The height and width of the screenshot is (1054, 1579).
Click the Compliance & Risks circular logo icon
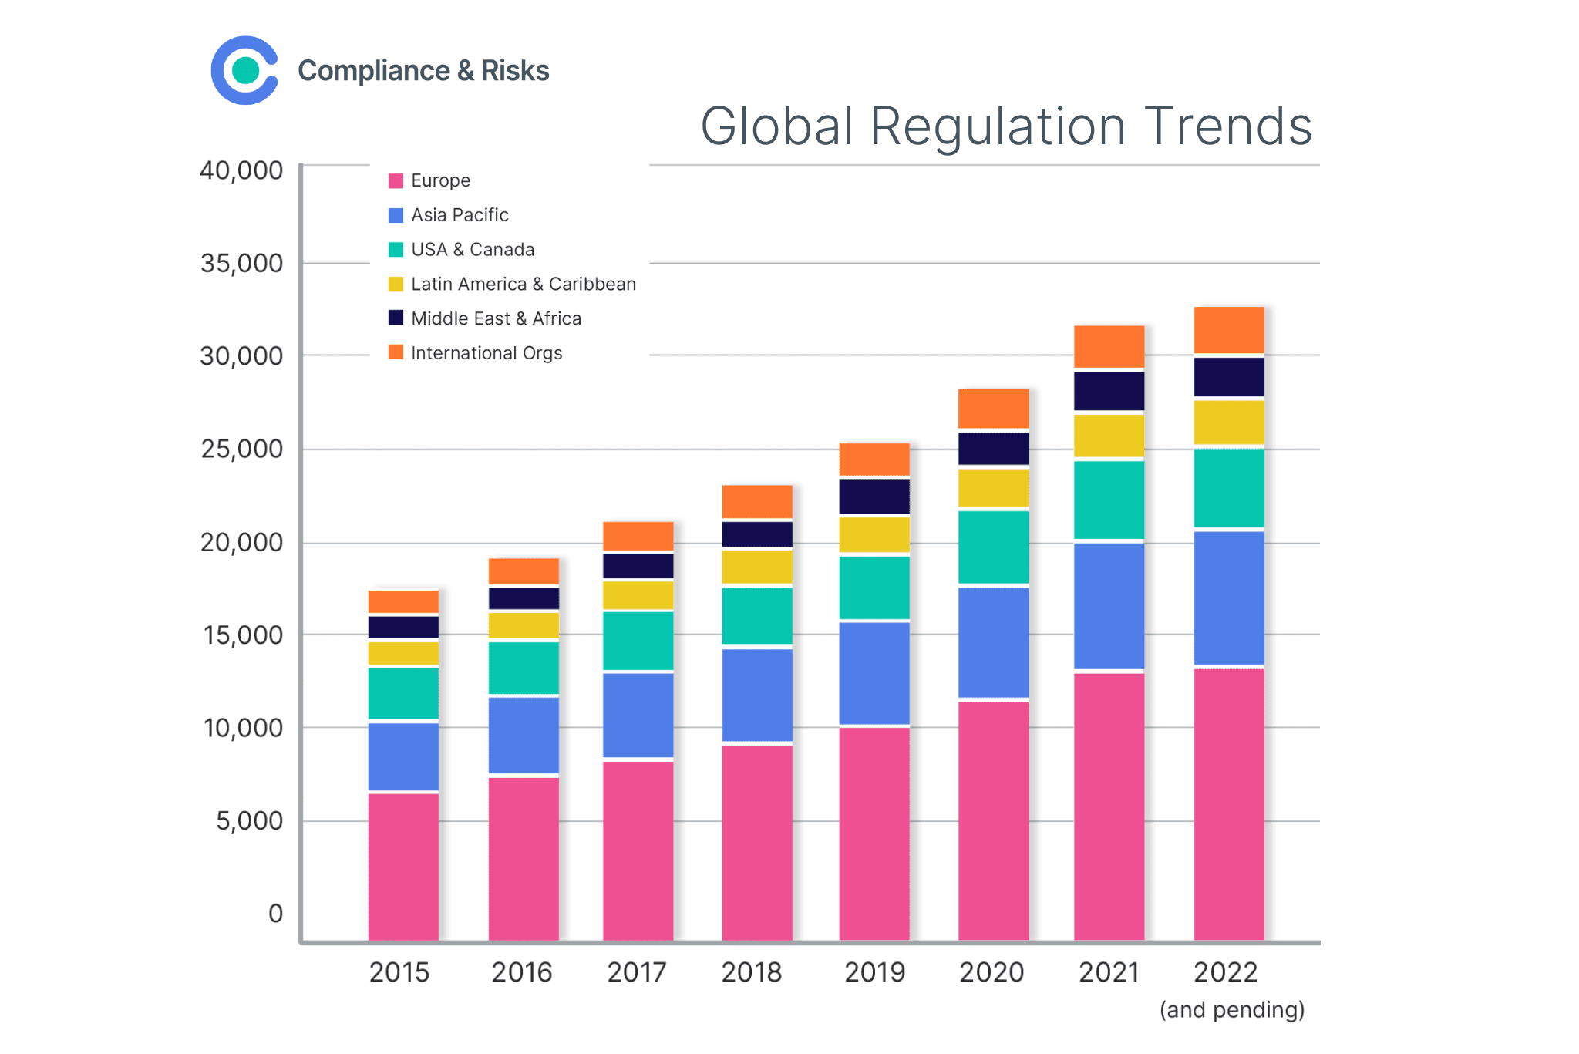pos(244,70)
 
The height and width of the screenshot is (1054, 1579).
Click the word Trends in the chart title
pos(1228,126)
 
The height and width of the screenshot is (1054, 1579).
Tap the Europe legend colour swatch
pos(396,181)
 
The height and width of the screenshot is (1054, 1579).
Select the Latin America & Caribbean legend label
pos(523,285)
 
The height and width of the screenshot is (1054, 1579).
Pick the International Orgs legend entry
pos(486,353)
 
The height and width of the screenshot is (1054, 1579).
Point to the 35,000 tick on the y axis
pos(241,264)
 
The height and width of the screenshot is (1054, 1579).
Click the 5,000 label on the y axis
pos(249,821)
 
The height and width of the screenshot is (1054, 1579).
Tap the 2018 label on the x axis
pos(752,972)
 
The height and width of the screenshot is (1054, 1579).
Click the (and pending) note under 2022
pos(1231,1010)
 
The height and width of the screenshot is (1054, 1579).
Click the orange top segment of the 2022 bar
pos(1228,330)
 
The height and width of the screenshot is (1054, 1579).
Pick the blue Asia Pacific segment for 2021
pos(1109,606)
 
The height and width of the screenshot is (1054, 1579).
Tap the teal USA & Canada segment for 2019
pos(874,588)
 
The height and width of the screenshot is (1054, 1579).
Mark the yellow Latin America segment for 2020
pos(993,487)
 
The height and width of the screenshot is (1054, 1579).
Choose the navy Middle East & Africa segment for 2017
pos(638,566)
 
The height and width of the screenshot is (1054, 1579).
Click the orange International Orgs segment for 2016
pos(524,571)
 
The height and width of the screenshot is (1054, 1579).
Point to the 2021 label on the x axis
pos(1109,972)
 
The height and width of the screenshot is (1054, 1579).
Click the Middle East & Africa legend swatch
pos(396,318)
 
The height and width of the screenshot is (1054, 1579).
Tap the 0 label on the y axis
pos(275,914)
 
